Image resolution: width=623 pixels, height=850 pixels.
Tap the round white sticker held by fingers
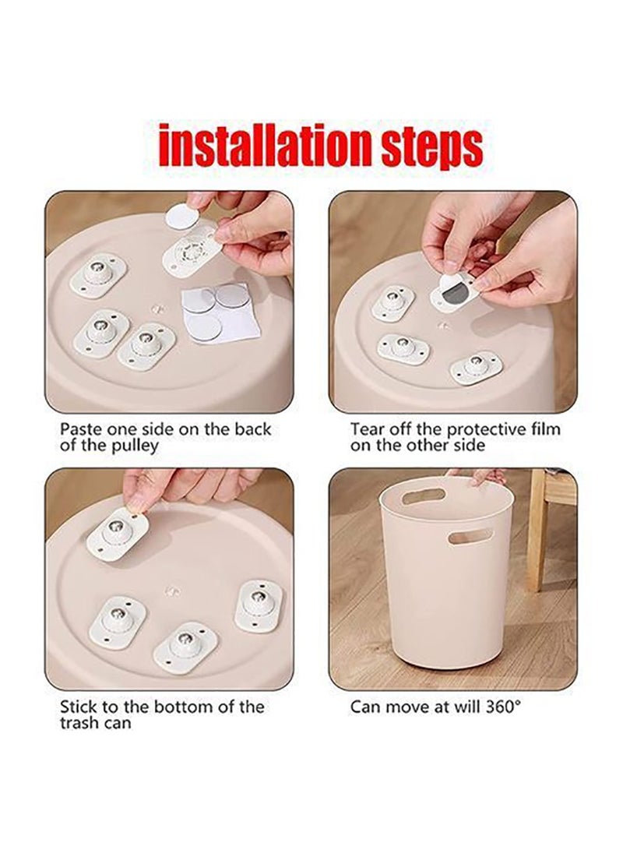(181, 216)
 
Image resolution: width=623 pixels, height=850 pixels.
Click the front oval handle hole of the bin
(470, 537)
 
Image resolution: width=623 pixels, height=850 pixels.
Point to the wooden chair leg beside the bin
(536, 545)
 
